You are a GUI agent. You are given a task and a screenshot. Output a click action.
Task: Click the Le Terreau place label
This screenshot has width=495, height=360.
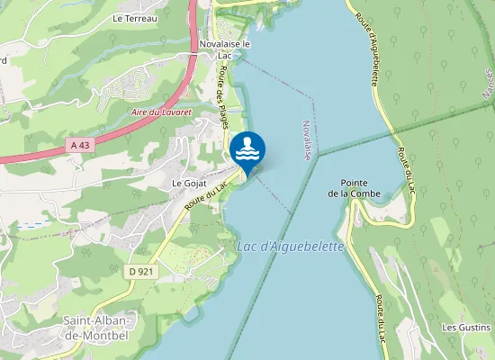tap(135, 18)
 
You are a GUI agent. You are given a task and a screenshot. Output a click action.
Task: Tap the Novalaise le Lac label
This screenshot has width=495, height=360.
tap(225, 48)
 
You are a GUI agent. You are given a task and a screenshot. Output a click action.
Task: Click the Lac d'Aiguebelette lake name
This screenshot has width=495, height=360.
tap(291, 247)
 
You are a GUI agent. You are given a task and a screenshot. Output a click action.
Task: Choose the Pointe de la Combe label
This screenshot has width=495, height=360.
tap(354, 187)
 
